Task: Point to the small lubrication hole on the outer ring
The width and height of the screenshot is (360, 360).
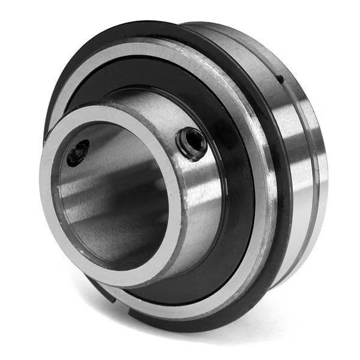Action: pos(280,79)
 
